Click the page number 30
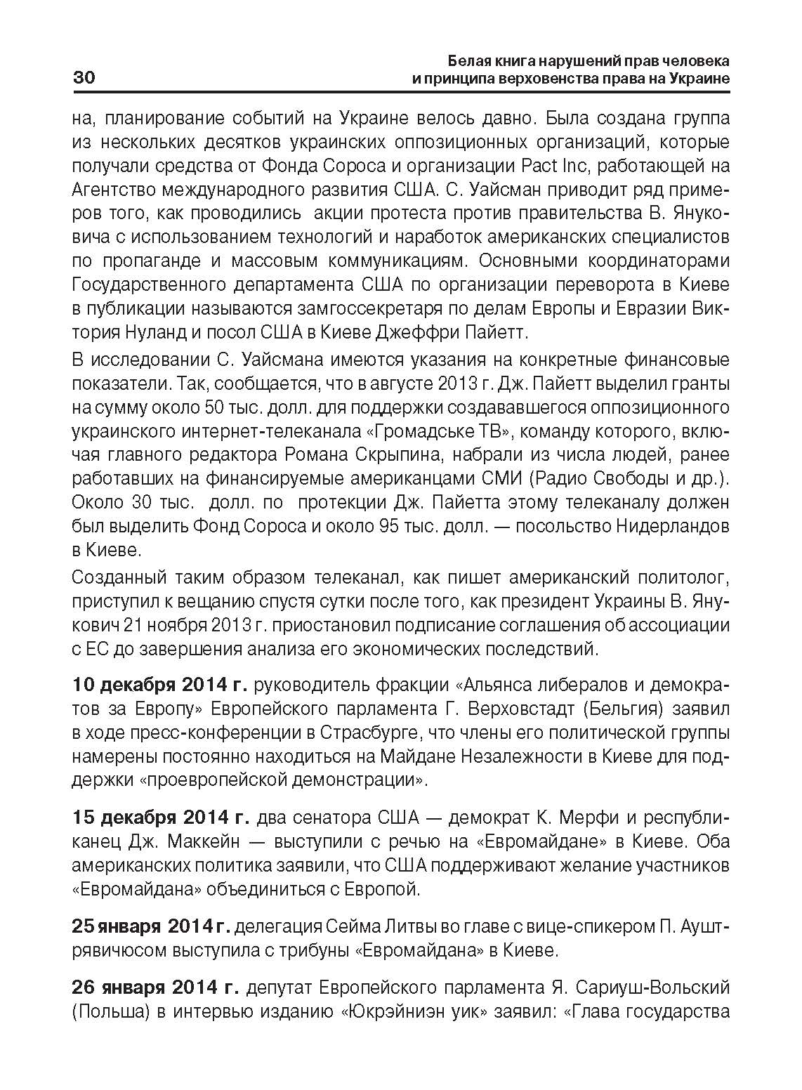[x=84, y=77]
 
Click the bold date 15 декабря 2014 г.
[x=160, y=819]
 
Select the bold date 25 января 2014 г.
[x=151, y=927]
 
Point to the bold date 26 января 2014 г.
[x=155, y=988]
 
